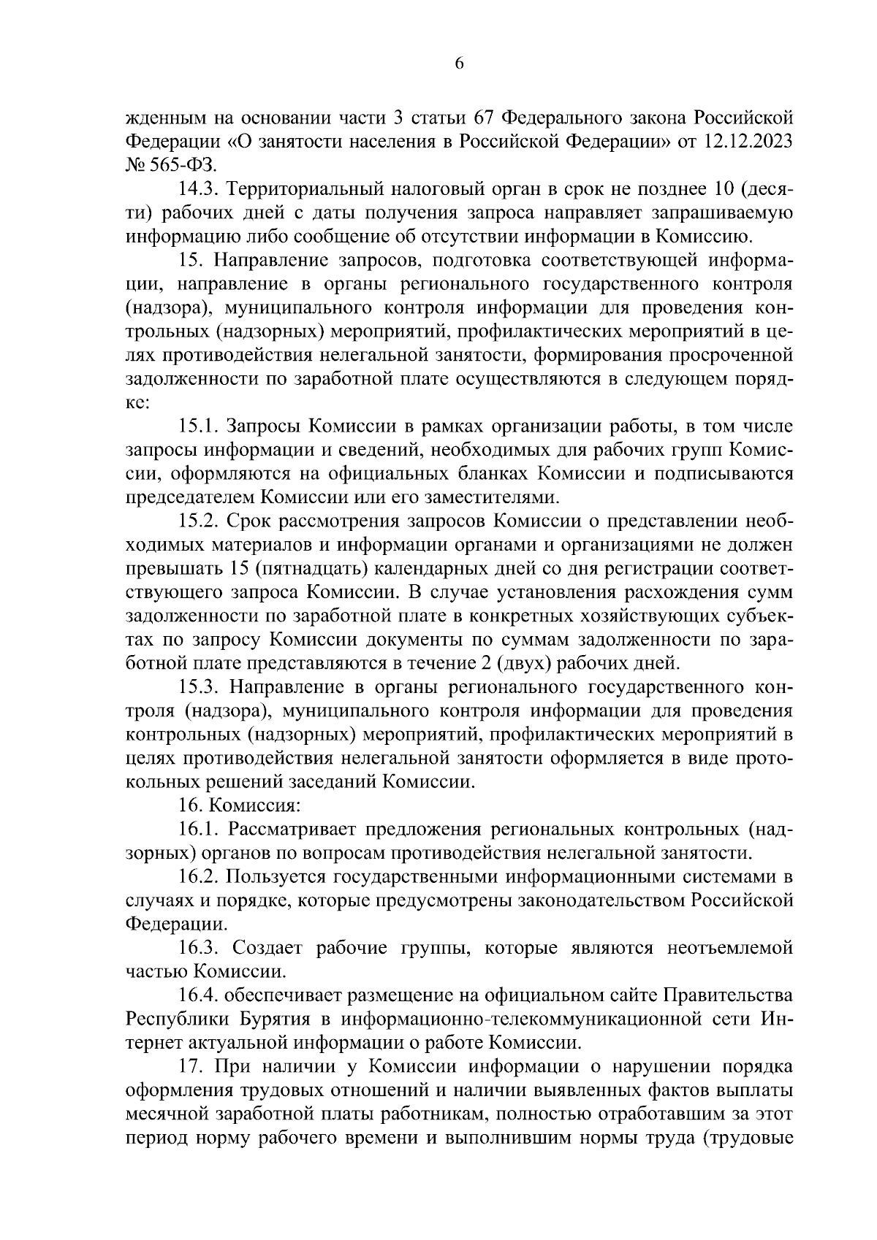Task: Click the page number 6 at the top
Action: pos(459,64)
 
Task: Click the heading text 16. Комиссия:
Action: pos(240,806)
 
